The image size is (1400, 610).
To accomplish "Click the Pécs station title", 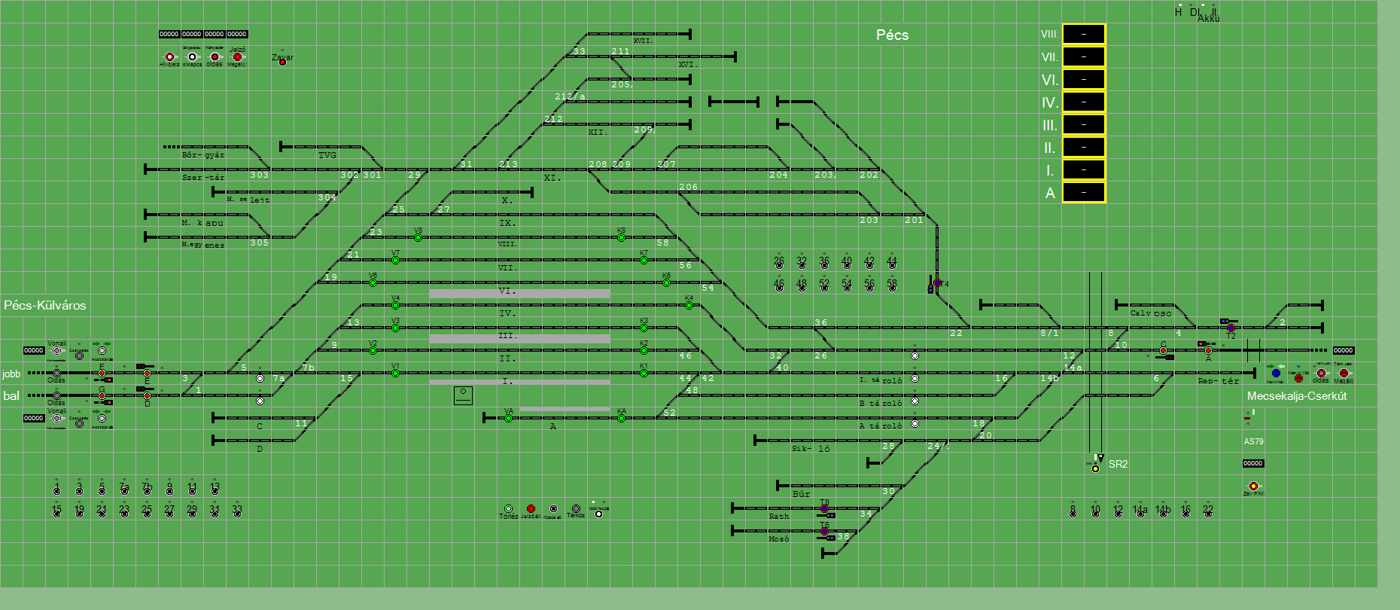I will point(892,35).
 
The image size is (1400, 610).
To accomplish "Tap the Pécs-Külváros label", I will point(45,305).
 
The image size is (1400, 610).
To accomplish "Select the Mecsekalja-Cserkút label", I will point(1296,396).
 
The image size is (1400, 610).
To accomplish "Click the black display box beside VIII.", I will point(1084,34).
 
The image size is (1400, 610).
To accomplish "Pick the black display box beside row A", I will point(1084,193).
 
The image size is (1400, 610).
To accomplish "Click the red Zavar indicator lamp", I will point(282,63).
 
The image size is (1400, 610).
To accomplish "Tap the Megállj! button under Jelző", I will point(237,57).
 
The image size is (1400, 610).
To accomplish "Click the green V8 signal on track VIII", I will point(418,238).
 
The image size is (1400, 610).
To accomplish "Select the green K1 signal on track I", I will point(644,374).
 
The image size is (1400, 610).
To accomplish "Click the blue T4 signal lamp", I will point(937,283).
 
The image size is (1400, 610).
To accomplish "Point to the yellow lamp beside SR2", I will point(1095,468).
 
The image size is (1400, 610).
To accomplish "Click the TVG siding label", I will point(327,155).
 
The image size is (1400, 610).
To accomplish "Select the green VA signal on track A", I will point(508,419).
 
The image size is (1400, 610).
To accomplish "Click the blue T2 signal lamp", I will point(1231,328).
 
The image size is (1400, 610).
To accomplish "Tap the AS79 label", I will point(1253,441).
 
